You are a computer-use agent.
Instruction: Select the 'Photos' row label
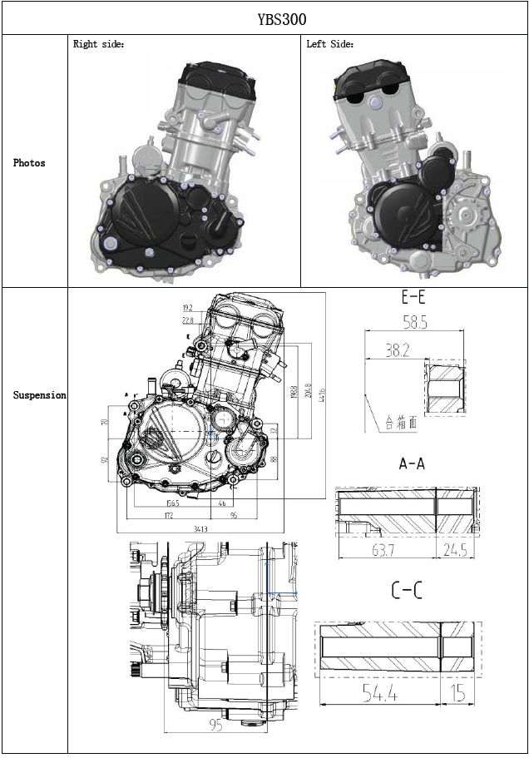(x=29, y=163)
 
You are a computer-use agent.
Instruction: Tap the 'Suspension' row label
(x=39, y=395)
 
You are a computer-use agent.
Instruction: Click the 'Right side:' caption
(x=99, y=44)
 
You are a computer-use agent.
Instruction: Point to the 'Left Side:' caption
(x=330, y=44)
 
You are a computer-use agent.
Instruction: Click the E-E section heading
(x=410, y=296)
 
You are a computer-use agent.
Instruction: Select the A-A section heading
(x=411, y=463)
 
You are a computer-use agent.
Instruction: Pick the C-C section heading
(x=407, y=591)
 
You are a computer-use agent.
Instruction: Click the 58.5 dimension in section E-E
(x=414, y=323)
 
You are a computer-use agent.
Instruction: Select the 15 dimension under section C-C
(x=457, y=693)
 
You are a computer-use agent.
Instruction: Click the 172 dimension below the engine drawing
(x=170, y=516)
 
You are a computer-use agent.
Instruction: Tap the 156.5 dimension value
(x=172, y=503)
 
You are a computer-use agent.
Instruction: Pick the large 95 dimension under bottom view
(x=215, y=726)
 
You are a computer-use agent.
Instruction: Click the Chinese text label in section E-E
(x=401, y=424)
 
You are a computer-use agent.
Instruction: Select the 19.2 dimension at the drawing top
(x=187, y=308)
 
